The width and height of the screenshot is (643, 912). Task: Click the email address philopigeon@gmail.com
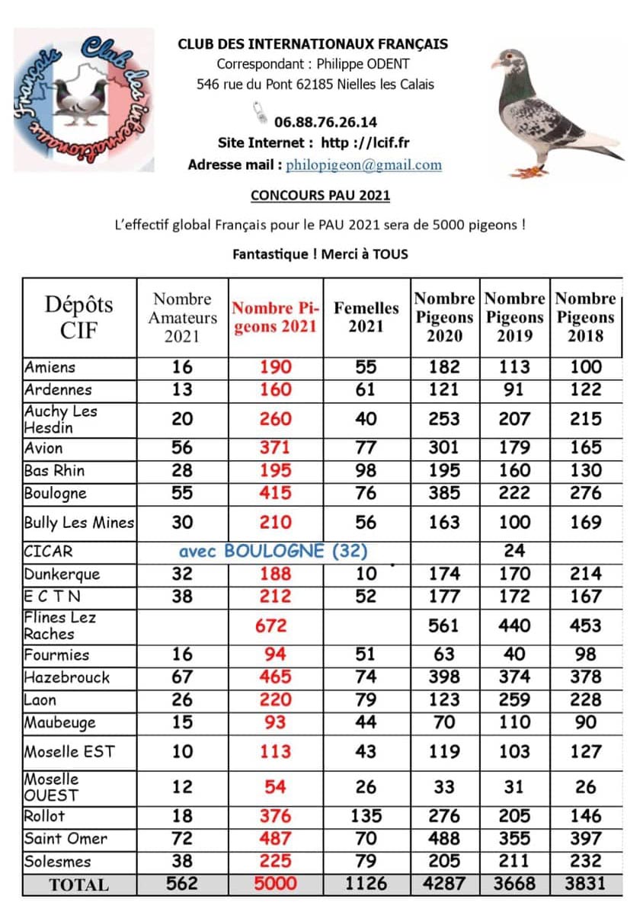(363, 165)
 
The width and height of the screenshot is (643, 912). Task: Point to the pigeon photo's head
(509, 61)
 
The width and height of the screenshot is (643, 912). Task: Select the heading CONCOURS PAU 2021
(320, 196)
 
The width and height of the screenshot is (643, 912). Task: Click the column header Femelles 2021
(366, 317)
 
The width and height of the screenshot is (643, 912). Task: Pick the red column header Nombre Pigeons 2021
(275, 318)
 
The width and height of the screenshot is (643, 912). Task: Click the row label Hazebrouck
(67, 677)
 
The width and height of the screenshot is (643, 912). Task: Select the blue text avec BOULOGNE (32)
(273, 551)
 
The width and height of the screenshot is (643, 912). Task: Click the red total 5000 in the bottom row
(275, 884)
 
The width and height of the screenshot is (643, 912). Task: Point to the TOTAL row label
(78, 885)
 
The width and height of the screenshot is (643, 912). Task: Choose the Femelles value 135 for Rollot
(366, 816)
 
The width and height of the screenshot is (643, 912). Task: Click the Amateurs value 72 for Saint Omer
(182, 839)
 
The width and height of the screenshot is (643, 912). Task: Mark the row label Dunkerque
(62, 574)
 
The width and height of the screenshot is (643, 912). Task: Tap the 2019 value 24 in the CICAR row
(514, 551)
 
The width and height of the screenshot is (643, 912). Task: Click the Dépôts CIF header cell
(78, 317)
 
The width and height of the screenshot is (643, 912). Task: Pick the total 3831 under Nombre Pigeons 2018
(585, 884)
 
